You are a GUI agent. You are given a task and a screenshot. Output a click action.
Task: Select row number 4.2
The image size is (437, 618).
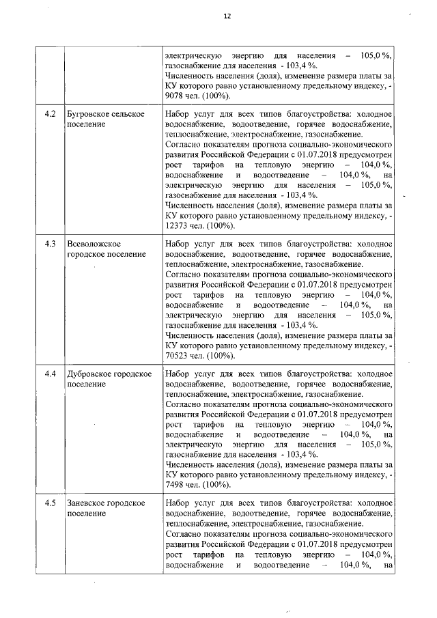pyautogui.click(x=48, y=113)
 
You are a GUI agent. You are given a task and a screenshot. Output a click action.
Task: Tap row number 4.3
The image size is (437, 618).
pyautogui.click(x=48, y=244)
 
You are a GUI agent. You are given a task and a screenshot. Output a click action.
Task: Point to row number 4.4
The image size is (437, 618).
pyautogui.click(x=48, y=374)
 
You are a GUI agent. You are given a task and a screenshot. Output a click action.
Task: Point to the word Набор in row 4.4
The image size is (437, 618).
pyautogui.click(x=179, y=374)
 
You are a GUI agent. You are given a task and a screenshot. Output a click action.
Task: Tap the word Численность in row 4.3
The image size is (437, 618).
pyautogui.click(x=193, y=335)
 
